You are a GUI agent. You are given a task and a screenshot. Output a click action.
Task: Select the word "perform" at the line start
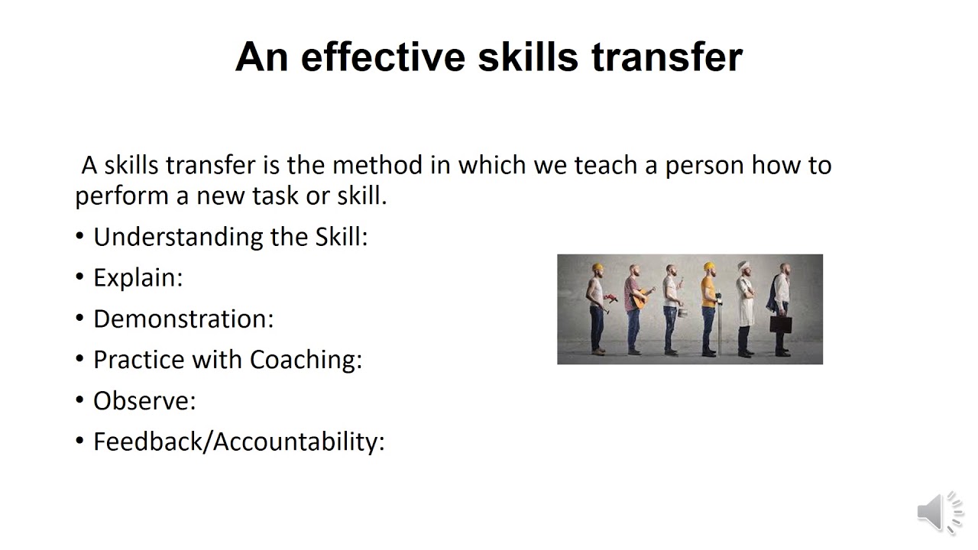pos(122,196)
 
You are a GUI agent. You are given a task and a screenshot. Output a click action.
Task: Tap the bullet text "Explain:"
pos(138,278)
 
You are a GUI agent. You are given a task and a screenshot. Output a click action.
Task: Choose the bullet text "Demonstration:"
pos(183,319)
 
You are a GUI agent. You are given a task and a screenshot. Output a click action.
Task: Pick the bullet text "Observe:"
pos(144,401)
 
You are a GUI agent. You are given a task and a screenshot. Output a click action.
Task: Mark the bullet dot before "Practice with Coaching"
pos(80,359)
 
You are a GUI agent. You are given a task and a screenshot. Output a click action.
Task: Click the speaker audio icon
pos(939,511)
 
